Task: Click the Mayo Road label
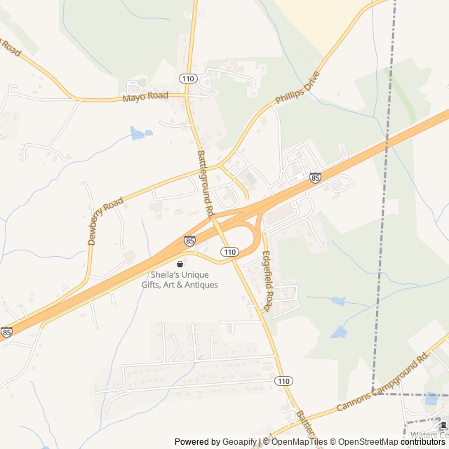(x=145, y=96)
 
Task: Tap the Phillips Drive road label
(x=297, y=88)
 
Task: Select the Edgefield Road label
(x=267, y=281)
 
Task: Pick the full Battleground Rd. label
(x=204, y=182)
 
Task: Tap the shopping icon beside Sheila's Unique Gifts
(x=180, y=264)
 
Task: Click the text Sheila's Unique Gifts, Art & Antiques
(x=185, y=279)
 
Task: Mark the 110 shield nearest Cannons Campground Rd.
(x=283, y=381)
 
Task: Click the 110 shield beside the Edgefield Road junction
(x=229, y=251)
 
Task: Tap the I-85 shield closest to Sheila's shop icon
(x=190, y=241)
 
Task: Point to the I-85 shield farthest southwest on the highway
(x=6, y=332)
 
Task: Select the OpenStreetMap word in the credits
(x=364, y=442)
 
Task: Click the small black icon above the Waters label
(x=442, y=426)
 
